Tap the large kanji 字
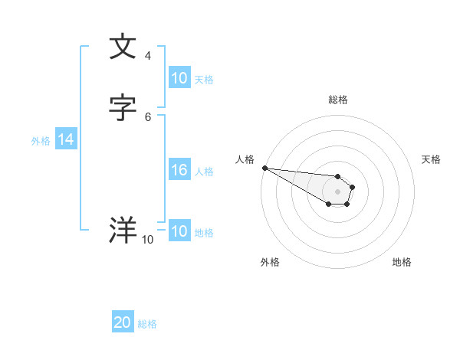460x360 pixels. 123,107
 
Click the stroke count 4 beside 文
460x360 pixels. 148,56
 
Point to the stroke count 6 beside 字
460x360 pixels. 148,116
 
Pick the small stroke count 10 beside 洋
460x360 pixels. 147,240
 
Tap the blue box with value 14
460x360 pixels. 66,139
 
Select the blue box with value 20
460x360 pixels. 123,322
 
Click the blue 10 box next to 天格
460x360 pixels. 179,78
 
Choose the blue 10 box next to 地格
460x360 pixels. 179,231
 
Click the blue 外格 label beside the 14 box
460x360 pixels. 41,141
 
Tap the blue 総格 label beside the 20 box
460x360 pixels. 147,324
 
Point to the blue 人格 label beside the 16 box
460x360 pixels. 205,172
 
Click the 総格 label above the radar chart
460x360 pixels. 338,100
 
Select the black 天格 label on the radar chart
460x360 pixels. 432,159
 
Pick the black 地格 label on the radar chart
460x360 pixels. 402,262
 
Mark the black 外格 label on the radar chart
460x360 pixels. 270,262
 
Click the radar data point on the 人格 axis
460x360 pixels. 264,168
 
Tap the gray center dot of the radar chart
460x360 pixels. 337,191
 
